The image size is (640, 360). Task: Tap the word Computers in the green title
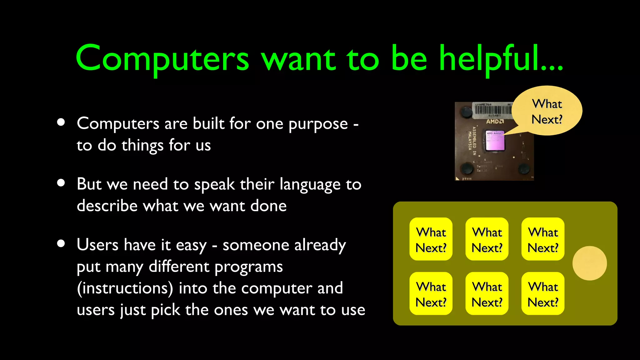[162, 59]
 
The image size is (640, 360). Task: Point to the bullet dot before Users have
[61, 243]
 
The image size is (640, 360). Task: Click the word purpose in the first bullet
[318, 124]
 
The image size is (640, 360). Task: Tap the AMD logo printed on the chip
[495, 121]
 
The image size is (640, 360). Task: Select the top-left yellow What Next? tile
[431, 239]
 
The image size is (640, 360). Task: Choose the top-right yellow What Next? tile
[543, 239]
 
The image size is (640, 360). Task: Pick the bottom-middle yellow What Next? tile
[487, 293]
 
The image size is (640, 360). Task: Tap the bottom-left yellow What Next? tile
[431, 293]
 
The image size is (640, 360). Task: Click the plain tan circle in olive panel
[589, 263]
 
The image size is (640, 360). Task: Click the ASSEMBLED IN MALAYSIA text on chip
[472, 141]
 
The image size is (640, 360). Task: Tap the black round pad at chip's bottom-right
[523, 169]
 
